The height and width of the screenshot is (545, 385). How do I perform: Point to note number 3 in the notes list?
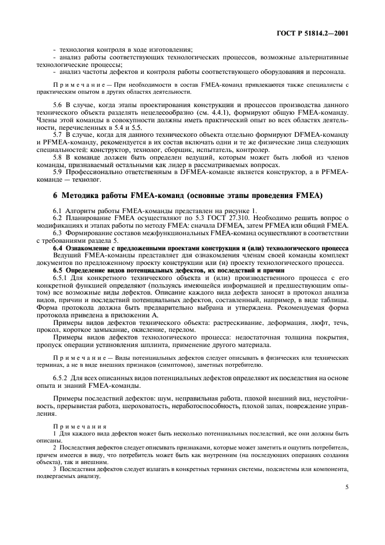(x=54, y=468)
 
